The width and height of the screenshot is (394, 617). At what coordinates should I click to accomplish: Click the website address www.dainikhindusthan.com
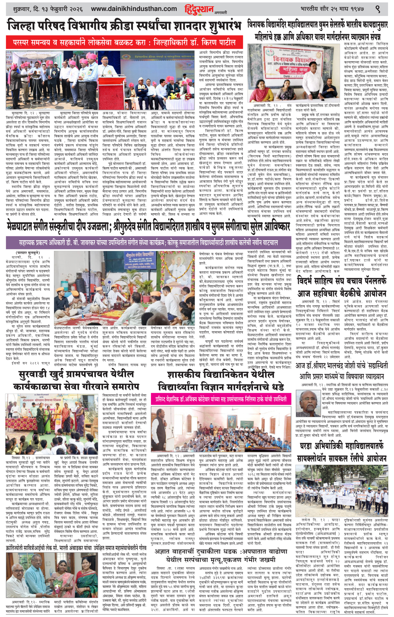tap(134, 9)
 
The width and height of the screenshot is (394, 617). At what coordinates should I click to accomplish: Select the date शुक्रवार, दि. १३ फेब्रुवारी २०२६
tap(48, 9)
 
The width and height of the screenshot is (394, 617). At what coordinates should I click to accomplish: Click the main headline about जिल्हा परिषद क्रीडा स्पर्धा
tap(124, 26)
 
